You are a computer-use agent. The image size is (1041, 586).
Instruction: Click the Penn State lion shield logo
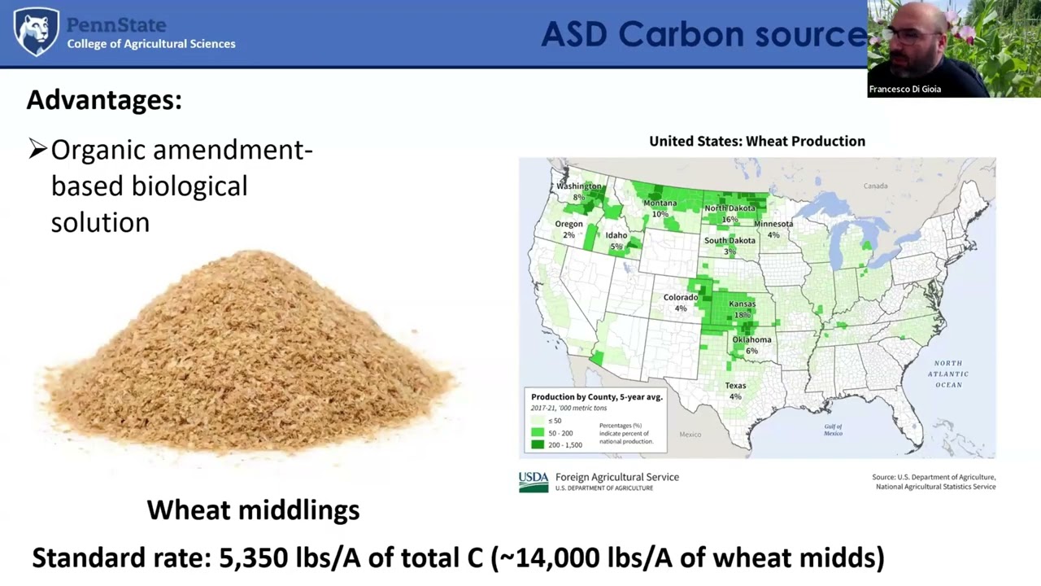pyautogui.click(x=37, y=32)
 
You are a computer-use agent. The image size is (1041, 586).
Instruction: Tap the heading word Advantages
pyautogui.click(x=104, y=100)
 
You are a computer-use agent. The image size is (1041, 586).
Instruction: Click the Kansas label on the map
pyautogui.click(x=742, y=304)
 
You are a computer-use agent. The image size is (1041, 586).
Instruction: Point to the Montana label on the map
pyautogui.click(x=660, y=203)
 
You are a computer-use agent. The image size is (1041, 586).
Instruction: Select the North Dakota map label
pyautogui.click(x=730, y=208)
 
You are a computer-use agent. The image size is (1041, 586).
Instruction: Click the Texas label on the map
pyautogui.click(x=735, y=386)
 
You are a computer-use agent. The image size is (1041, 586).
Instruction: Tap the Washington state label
pyautogui.click(x=579, y=186)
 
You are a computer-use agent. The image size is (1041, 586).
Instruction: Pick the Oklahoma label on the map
pyautogui.click(x=751, y=339)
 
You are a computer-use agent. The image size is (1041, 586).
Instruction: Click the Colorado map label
pyautogui.click(x=681, y=298)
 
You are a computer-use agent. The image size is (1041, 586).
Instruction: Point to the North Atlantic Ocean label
pyautogui.click(x=948, y=374)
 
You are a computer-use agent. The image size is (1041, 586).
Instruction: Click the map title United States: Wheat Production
pyautogui.click(x=757, y=142)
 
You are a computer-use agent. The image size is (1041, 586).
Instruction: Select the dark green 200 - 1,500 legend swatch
pyautogui.click(x=538, y=444)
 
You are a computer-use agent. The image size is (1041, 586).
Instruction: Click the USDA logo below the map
pyautogui.click(x=534, y=482)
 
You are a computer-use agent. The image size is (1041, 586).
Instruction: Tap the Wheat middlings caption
pyautogui.click(x=253, y=510)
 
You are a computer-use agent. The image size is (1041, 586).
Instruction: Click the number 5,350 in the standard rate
pyautogui.click(x=253, y=558)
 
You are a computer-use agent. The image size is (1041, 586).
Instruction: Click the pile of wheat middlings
pyautogui.click(x=248, y=358)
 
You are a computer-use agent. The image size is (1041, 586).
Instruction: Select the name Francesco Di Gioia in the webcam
pyautogui.click(x=904, y=90)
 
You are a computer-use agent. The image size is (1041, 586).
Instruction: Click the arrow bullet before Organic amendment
pyautogui.click(x=37, y=149)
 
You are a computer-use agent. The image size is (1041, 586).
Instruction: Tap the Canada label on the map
pyautogui.click(x=875, y=186)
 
